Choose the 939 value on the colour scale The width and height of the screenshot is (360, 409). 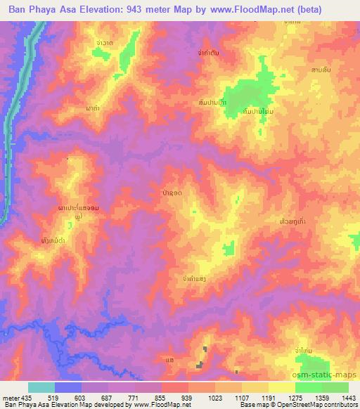pyautogui.click(x=188, y=397)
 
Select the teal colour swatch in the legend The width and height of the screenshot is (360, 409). pyautogui.click(x=41, y=387)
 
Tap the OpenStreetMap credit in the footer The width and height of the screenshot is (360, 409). pyautogui.click(x=310, y=405)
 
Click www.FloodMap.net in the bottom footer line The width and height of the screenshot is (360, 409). pyautogui.click(x=162, y=405)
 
